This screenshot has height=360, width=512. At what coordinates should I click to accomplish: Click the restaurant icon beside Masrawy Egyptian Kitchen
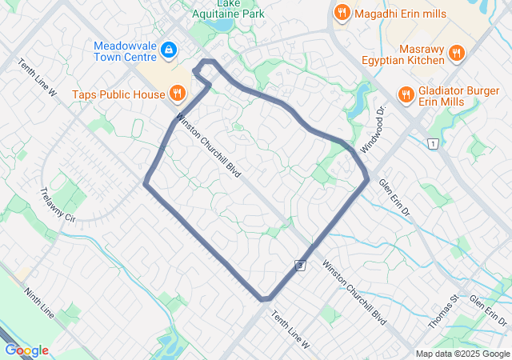pyautogui.click(x=456, y=54)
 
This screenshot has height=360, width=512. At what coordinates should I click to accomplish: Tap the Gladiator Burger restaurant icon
pyautogui.click(x=406, y=94)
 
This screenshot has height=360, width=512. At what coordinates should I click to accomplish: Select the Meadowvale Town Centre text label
pyautogui.click(x=125, y=52)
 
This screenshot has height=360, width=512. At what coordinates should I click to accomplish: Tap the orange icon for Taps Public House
pyautogui.click(x=177, y=94)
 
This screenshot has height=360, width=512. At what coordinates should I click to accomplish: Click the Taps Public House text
pyautogui.click(x=119, y=94)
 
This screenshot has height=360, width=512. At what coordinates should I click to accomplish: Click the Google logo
pyautogui.click(x=26, y=350)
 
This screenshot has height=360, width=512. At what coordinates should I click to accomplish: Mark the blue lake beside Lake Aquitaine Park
pyautogui.click(x=222, y=24)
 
